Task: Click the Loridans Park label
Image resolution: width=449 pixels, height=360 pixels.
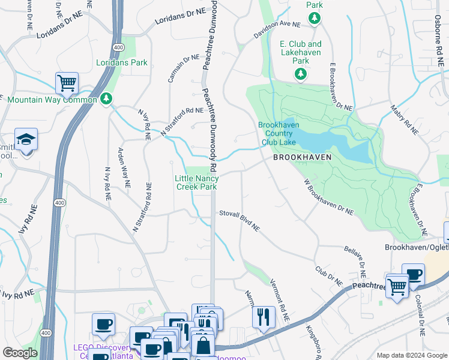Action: [122, 62]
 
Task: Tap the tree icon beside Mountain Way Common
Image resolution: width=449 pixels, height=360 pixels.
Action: [106, 98]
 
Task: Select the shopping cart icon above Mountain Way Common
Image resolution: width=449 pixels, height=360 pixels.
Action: [67, 83]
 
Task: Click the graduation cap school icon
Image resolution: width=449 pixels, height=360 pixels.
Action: [26, 140]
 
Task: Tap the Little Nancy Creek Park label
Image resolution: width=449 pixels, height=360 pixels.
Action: [196, 182]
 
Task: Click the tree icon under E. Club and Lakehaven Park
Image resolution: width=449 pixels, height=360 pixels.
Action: [300, 74]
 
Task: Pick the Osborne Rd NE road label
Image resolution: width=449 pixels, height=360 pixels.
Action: [440, 45]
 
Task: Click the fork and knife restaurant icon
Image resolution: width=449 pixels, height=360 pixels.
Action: [263, 316]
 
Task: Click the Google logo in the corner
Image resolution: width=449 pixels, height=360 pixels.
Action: [20, 353]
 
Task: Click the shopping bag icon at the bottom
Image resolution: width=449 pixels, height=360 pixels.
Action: [203, 345]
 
